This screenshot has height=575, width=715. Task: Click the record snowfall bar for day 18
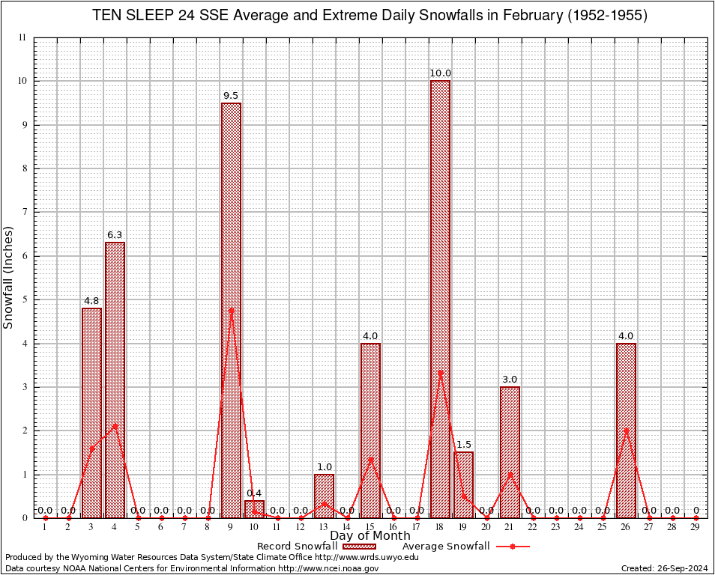(x=440, y=299)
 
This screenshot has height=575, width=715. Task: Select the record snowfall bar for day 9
(x=231, y=310)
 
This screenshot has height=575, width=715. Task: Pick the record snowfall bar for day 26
(x=626, y=431)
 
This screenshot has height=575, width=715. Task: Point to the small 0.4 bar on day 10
(x=254, y=509)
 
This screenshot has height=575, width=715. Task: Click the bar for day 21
(x=510, y=452)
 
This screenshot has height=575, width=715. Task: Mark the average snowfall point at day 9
(x=231, y=310)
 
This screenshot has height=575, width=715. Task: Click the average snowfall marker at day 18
(x=440, y=372)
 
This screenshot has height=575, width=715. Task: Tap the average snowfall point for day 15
(x=370, y=459)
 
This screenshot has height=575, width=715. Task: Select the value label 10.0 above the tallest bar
(x=440, y=73)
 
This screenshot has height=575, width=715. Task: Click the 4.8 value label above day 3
(x=91, y=301)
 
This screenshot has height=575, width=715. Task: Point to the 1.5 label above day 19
(x=463, y=445)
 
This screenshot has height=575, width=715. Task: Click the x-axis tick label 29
(x=696, y=528)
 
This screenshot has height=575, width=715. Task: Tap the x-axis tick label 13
(x=324, y=528)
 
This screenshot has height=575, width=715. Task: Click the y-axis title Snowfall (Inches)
(x=9, y=277)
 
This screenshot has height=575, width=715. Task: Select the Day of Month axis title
(x=369, y=535)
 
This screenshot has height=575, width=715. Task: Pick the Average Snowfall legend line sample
(x=512, y=547)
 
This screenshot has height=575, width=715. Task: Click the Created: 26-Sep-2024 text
(x=664, y=568)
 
